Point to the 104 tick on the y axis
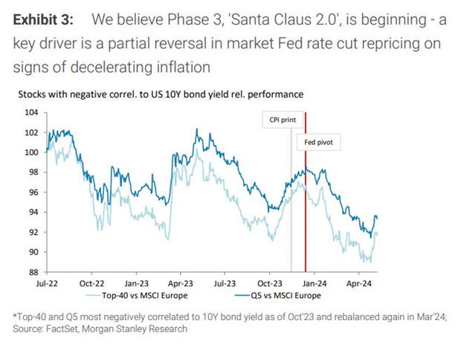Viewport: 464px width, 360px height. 30,112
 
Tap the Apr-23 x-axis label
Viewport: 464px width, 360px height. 180,283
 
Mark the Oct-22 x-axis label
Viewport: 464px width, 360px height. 91,283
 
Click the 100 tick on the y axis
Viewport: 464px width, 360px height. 30,152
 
